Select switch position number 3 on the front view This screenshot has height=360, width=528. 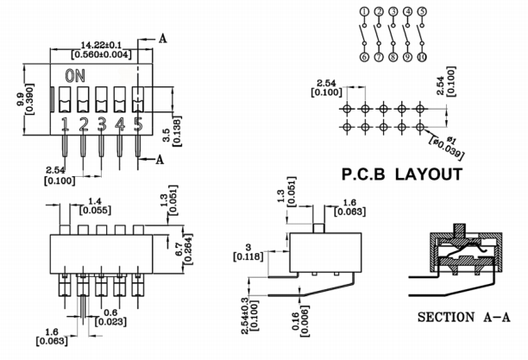tap(102, 125)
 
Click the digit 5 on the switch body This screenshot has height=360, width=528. tap(137, 125)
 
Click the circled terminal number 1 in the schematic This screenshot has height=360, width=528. tap(365, 12)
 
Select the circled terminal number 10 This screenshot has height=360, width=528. tap(422, 57)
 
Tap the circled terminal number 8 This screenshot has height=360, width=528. tap(393, 57)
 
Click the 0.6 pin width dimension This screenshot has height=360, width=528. tap(110, 313)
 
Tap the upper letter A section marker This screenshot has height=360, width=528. tap(164, 39)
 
